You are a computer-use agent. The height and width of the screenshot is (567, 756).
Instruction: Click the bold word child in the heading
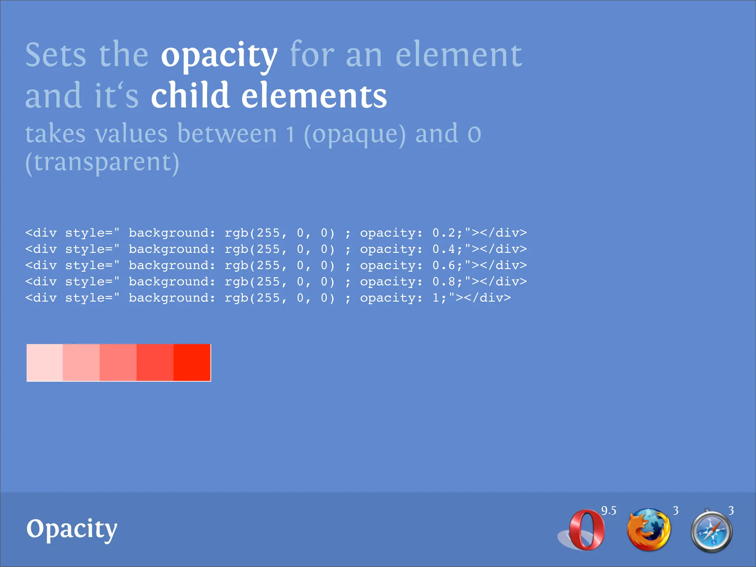point(190,96)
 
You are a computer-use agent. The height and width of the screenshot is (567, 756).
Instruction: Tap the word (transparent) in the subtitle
point(102,162)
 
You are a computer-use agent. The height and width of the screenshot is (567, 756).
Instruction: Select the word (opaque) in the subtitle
point(355,134)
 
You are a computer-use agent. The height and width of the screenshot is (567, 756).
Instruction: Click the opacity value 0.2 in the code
point(444,233)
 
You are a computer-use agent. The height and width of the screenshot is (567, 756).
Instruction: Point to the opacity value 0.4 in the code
point(444,249)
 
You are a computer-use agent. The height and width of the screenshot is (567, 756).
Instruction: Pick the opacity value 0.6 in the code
point(444,265)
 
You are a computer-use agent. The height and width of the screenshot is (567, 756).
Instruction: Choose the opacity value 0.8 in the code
point(444,282)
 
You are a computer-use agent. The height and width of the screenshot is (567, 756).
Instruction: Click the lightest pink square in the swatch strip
point(45,362)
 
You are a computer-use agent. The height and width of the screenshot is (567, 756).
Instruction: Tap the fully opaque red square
point(192,362)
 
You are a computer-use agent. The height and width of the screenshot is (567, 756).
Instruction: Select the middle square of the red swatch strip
point(118,362)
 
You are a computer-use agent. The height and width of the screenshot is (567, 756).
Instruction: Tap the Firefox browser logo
point(649,530)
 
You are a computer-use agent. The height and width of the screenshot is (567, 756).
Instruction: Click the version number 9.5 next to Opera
point(609,511)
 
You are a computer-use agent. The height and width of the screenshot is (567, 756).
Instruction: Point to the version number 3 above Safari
point(731,511)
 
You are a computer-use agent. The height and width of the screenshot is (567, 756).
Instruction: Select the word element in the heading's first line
point(459,55)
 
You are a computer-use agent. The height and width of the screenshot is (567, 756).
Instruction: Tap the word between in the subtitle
point(227,133)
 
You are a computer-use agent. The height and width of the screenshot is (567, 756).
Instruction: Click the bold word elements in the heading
point(314,96)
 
